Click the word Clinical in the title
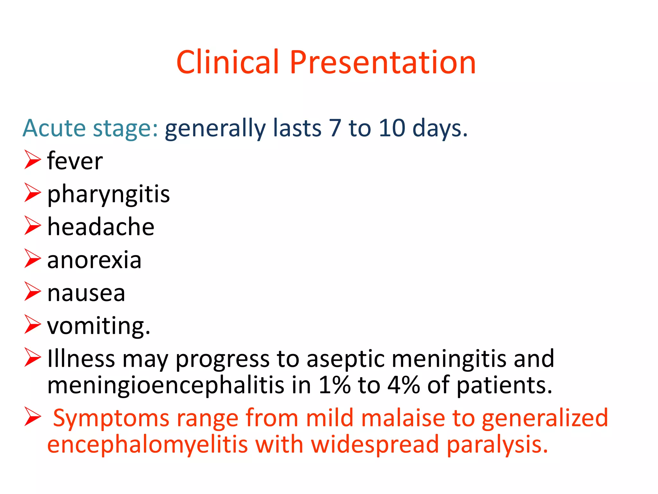(227, 62)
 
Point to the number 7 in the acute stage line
(334, 128)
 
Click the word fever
(75, 161)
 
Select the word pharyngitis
(108, 194)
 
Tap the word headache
(101, 227)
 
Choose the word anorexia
(94, 260)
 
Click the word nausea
(86, 293)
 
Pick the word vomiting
(98, 326)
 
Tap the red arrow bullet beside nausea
(32, 292)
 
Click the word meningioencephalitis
(165, 385)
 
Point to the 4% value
(404, 385)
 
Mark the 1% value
(334, 385)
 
